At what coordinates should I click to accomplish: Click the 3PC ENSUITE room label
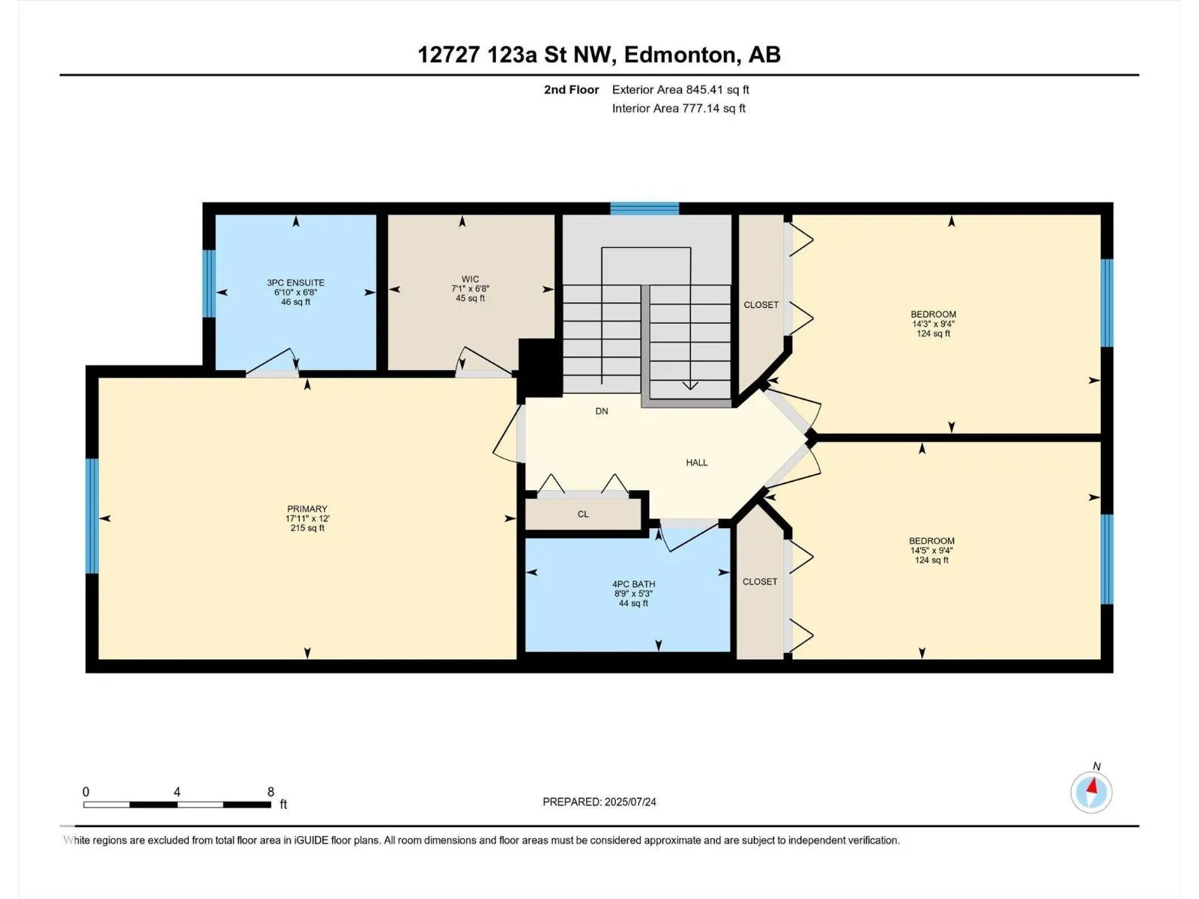(295, 282)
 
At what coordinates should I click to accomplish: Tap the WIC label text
(470, 279)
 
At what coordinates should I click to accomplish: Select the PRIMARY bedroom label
(307, 509)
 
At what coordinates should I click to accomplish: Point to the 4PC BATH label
(634, 584)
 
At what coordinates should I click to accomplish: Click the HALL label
(697, 463)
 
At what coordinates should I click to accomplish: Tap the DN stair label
(602, 411)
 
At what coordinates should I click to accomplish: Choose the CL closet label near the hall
(583, 514)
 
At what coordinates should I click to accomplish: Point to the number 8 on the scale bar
(271, 792)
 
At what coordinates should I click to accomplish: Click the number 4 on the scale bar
(177, 792)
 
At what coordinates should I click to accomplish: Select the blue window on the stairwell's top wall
(644, 208)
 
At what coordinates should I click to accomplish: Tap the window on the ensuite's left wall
(209, 283)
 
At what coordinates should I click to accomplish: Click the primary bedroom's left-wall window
(92, 516)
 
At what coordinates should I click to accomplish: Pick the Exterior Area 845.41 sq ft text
(680, 89)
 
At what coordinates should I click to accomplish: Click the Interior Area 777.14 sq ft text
(679, 108)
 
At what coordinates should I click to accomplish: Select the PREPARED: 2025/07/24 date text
(599, 802)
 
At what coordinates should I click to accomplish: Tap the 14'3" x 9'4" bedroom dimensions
(933, 324)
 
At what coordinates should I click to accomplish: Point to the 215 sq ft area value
(307, 528)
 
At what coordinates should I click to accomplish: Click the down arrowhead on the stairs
(690, 385)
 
